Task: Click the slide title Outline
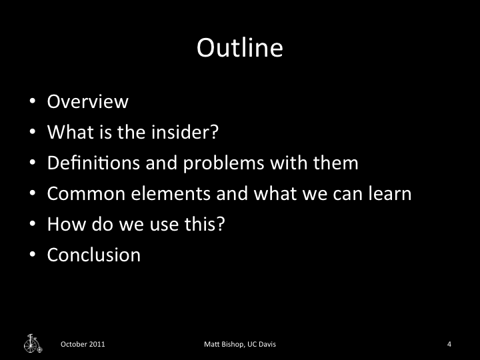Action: (240, 49)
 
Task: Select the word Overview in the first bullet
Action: (87, 102)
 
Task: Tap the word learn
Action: (387, 194)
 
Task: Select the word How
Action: (63, 225)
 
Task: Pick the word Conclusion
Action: (94, 255)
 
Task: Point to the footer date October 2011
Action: (83, 345)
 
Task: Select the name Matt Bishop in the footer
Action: (224, 345)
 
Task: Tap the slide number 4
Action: (449, 345)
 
